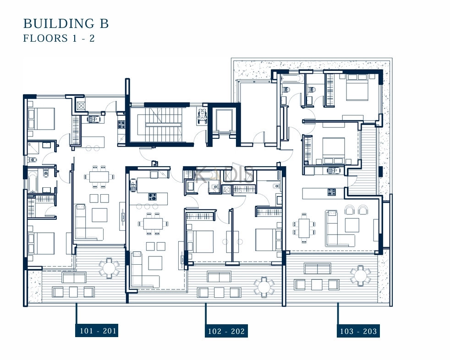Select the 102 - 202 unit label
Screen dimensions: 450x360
pyautogui.click(x=226, y=331)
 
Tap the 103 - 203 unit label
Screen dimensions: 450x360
pyautogui.click(x=358, y=331)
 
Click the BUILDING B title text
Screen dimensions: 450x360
pyautogui.click(x=66, y=23)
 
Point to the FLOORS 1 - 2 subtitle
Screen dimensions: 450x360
pyautogui.click(x=59, y=38)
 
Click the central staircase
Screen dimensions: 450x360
pyautogui.click(x=164, y=125)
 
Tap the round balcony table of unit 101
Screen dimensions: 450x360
pyautogui.click(x=109, y=268)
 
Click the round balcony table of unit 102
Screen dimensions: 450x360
pyautogui.click(x=264, y=286)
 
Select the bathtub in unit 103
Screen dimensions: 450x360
pyautogui.click(x=291, y=78)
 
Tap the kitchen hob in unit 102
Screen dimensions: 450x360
pyautogui.click(x=153, y=197)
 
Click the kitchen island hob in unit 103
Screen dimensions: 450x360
pyautogui.click(x=332, y=192)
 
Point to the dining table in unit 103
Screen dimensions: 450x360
pyautogui.click(x=304, y=229)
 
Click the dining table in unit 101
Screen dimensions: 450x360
pyautogui.click(x=99, y=176)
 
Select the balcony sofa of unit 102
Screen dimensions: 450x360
pyautogui.click(x=219, y=277)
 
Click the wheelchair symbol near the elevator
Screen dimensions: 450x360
pyautogui.click(x=203, y=115)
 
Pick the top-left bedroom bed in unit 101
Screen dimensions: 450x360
pyautogui.click(x=42, y=119)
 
